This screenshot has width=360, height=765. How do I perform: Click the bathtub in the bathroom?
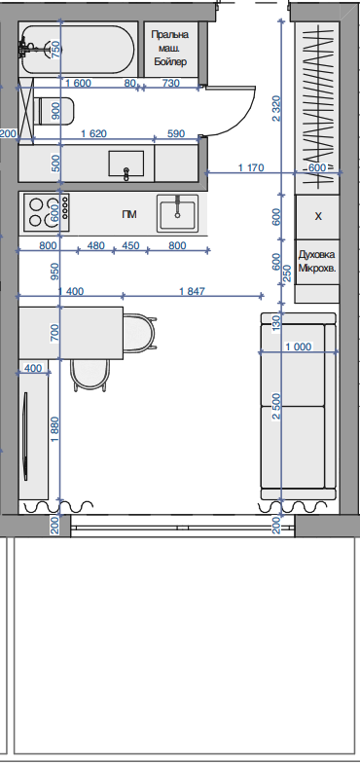tap(78, 50)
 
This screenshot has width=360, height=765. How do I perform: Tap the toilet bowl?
tap(55, 111)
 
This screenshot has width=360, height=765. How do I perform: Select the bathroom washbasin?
tap(126, 164)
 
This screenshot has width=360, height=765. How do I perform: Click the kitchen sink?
tap(177, 213)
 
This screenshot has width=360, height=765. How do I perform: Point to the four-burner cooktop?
tap(47, 213)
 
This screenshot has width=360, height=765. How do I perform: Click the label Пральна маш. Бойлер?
tap(169, 49)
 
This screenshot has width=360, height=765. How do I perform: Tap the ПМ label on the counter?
tap(129, 214)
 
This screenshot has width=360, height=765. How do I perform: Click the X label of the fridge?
tap(318, 216)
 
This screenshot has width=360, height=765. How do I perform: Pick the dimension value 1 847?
tap(193, 291)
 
